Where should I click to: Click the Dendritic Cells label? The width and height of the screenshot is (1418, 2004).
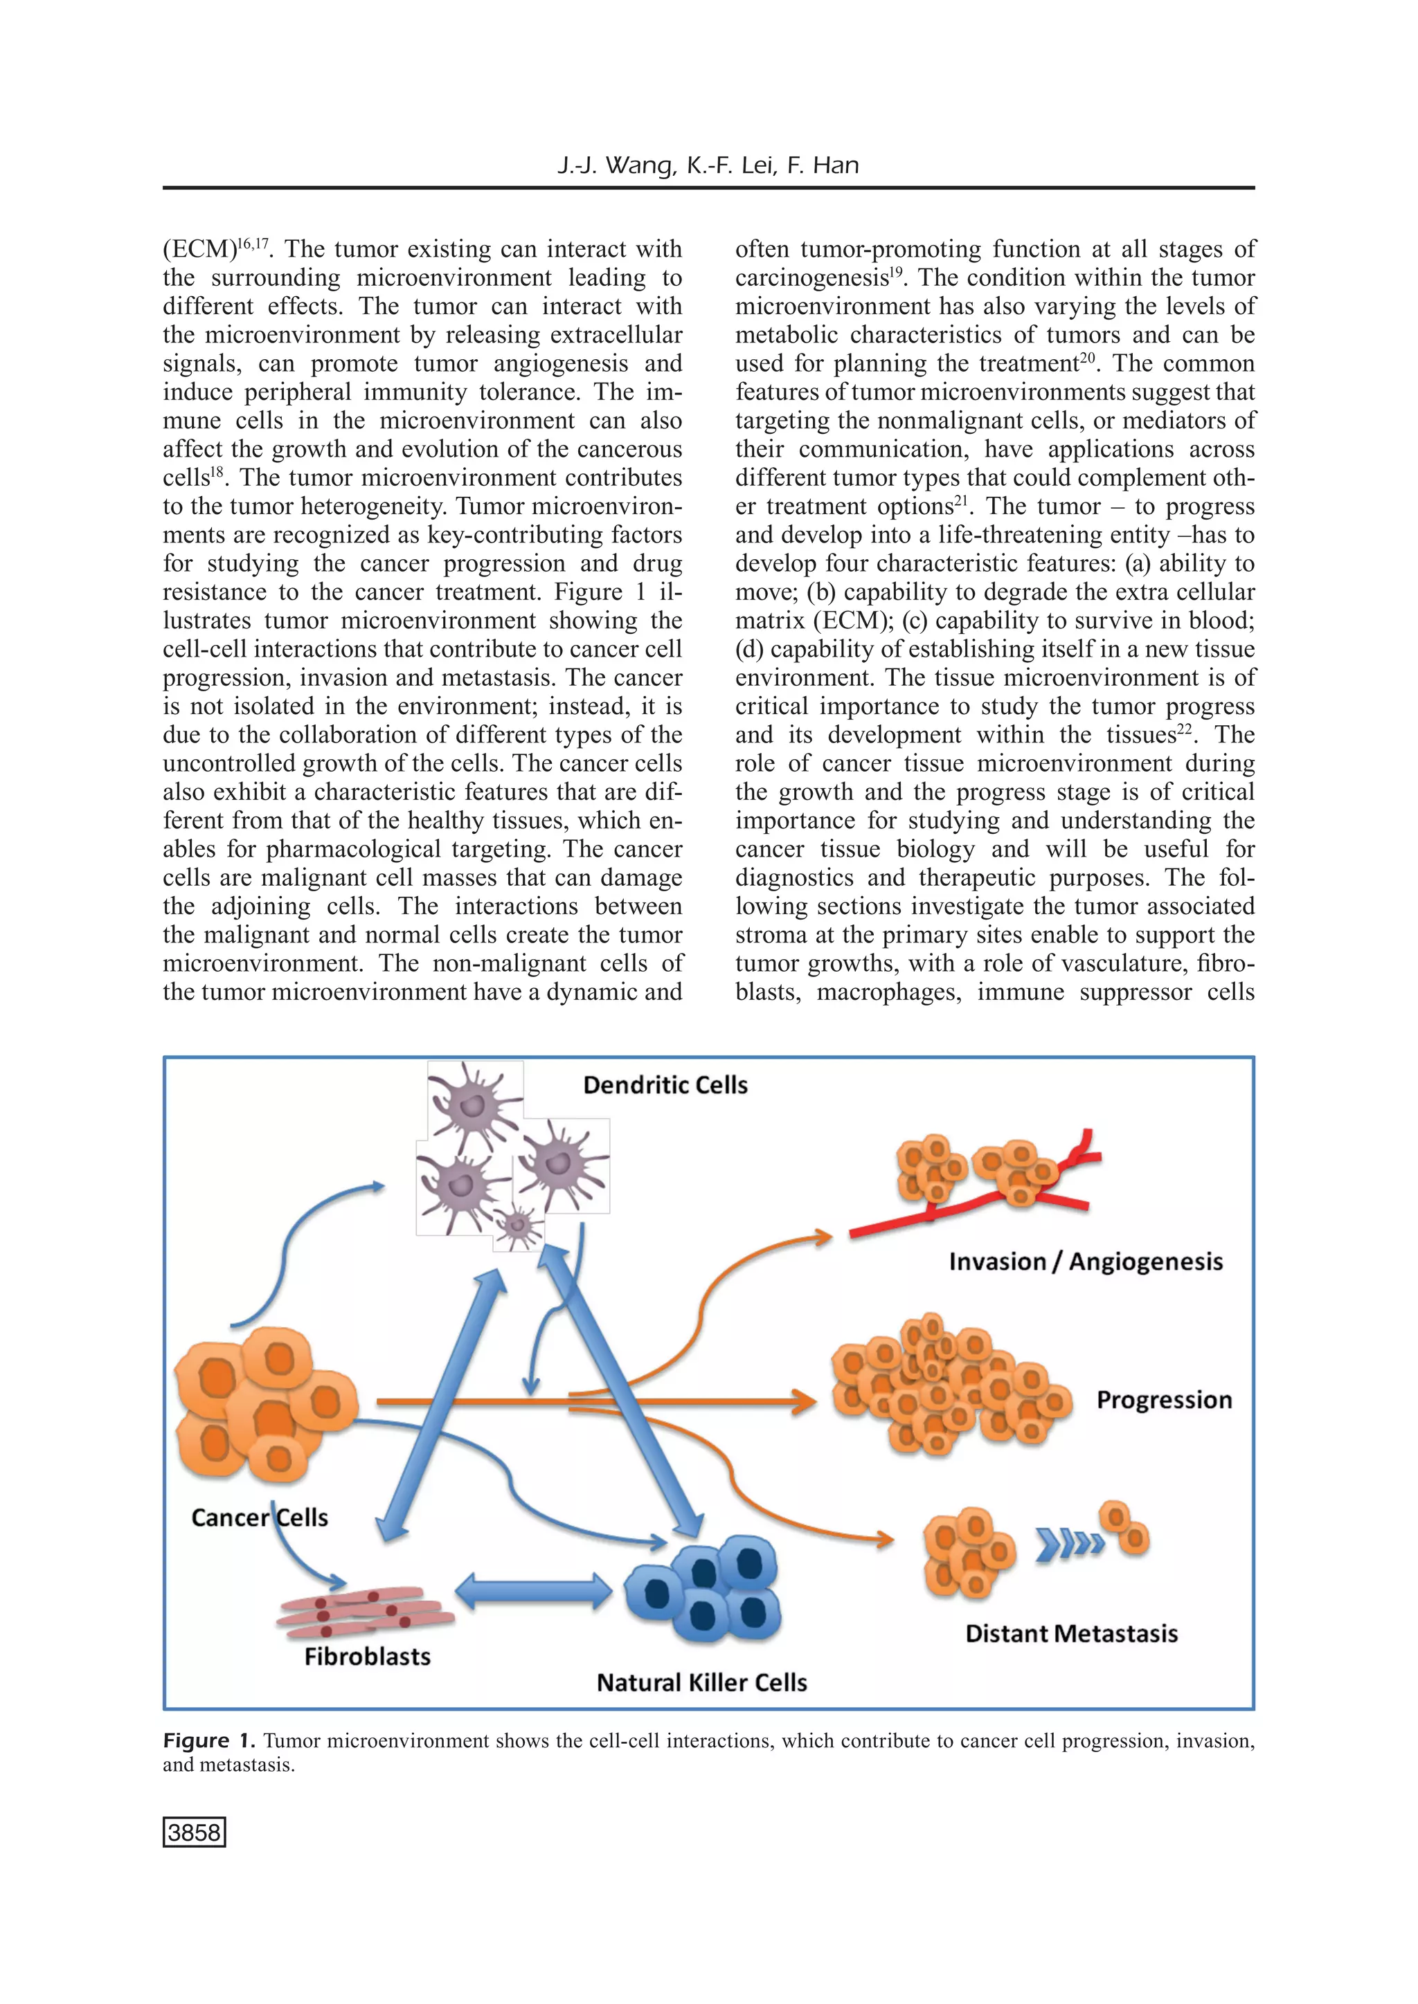coord(665,1085)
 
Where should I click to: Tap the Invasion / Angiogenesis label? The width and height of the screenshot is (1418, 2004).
coord(1086,1261)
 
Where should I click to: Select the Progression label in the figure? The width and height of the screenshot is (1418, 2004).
coord(1164,1400)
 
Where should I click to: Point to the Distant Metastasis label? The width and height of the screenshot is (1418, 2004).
coord(1071,1634)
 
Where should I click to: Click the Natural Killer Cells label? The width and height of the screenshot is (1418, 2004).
coord(702,1683)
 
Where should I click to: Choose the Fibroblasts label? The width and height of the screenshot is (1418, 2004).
coord(368,1657)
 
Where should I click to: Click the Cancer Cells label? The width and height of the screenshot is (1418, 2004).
coord(260,1518)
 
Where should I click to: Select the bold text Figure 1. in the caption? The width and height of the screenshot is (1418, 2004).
coord(208,1740)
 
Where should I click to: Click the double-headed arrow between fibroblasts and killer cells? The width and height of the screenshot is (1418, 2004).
coord(534,1591)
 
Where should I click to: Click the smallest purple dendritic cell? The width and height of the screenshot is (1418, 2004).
coord(519,1225)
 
